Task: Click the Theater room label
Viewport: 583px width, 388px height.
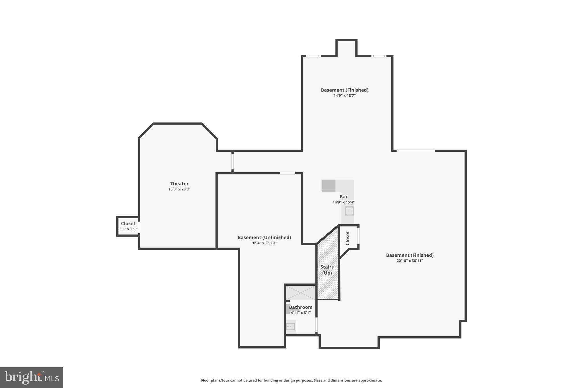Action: point(179,184)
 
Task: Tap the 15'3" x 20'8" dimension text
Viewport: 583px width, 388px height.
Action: point(179,189)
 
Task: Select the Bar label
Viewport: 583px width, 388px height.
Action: point(344,197)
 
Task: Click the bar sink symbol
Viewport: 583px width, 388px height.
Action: point(349,211)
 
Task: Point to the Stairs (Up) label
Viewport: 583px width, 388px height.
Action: point(327,270)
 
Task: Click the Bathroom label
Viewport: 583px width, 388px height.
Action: point(301,307)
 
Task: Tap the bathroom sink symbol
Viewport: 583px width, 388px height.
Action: point(290,327)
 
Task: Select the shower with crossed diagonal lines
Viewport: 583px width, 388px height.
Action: point(301,292)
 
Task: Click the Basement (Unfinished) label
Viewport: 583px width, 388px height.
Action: point(264,237)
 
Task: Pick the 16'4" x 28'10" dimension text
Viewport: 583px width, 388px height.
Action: point(264,243)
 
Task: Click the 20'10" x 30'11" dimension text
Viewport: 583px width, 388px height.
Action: point(410,261)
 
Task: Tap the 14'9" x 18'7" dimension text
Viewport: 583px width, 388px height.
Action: point(344,96)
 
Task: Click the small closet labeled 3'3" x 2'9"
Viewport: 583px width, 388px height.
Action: point(128,226)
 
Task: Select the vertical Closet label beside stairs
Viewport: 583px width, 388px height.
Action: point(348,238)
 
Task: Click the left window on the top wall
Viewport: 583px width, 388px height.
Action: point(313,56)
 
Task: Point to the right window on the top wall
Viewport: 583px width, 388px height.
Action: point(379,56)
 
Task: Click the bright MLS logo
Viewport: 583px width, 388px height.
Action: point(32,377)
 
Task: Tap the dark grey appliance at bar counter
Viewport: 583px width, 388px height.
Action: point(329,185)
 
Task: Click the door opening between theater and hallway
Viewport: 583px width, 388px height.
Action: point(233,162)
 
